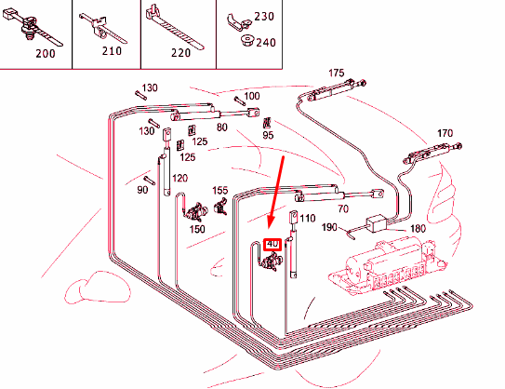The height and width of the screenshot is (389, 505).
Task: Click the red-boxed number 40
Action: click(272, 244)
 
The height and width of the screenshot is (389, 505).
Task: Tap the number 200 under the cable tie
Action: click(46, 53)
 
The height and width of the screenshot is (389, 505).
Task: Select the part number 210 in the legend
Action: click(112, 50)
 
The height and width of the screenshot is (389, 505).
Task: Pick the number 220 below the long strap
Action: click(180, 52)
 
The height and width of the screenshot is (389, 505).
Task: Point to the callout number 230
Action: click(264, 16)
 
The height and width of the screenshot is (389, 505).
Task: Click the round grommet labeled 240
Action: click(247, 40)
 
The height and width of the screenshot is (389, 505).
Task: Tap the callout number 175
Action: click(337, 74)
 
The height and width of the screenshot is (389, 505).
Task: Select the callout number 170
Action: click(445, 133)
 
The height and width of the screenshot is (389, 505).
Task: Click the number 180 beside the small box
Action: click(418, 229)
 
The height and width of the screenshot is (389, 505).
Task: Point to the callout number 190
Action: click(329, 227)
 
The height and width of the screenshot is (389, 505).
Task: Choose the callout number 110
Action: click(307, 219)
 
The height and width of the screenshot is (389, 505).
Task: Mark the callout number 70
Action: click(343, 209)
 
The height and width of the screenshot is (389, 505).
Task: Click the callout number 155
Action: click(220, 191)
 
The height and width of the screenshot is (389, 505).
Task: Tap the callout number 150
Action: click(197, 229)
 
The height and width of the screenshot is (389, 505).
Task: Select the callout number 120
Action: click(179, 178)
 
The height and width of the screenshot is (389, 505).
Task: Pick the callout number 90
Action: click(142, 190)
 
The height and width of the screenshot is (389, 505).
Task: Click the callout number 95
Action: click(268, 135)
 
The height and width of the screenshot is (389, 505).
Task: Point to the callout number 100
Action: click(252, 96)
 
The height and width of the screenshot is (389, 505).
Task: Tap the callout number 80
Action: click(222, 127)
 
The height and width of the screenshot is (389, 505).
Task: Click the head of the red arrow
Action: click(270, 224)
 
